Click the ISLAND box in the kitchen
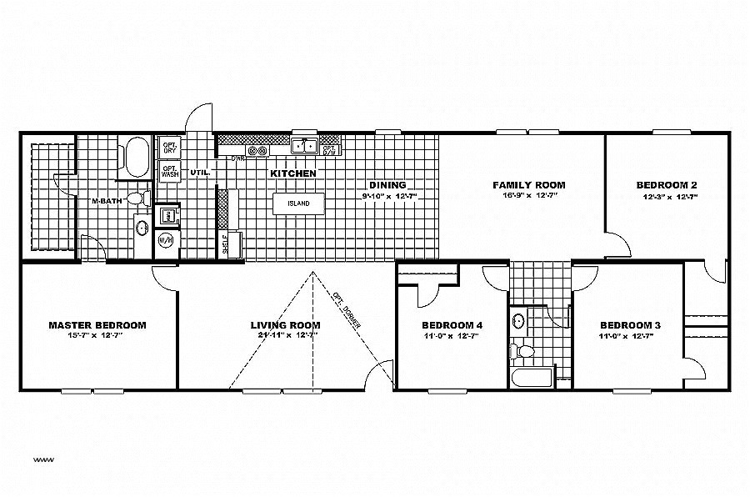297,203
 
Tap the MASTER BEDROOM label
97,325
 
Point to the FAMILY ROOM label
528,185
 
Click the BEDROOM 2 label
667,185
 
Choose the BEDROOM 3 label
630,325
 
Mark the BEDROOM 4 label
452,325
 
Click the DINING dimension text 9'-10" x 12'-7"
388,196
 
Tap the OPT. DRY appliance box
170,148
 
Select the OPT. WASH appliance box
170,172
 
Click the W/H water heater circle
165,240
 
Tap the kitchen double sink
304,147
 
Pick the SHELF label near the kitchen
225,243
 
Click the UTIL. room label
200,173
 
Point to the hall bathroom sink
518,321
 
